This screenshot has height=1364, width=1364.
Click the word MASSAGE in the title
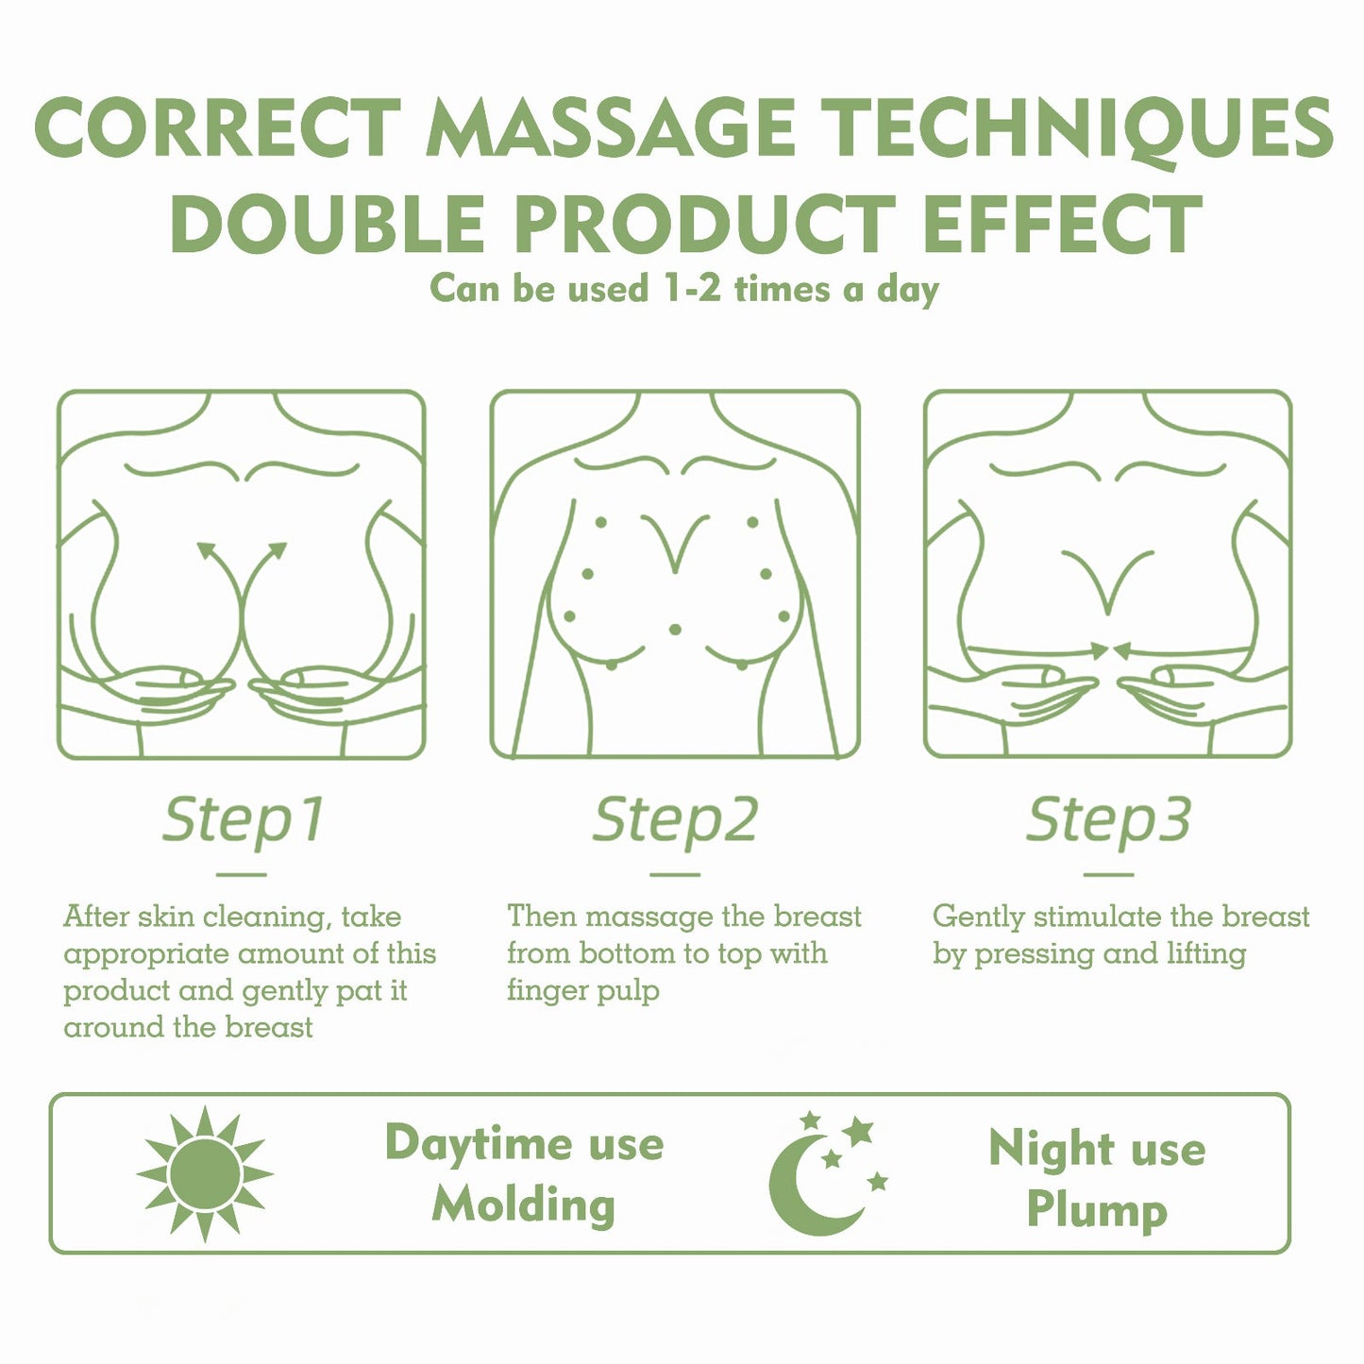pyautogui.click(x=611, y=128)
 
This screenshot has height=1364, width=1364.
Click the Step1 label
pyautogui.click(x=243, y=818)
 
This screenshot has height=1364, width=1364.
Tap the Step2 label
pyautogui.click(x=675, y=818)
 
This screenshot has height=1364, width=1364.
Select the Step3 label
pyautogui.click(x=1108, y=818)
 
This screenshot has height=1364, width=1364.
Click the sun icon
pyautogui.click(x=205, y=1174)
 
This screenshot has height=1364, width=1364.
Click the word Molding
pyautogui.click(x=524, y=1205)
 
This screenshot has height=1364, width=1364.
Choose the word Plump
pyautogui.click(x=1097, y=1210)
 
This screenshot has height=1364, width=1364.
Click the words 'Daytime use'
pyautogui.click(x=524, y=1143)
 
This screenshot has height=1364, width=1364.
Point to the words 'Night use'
pyautogui.click(x=1097, y=1149)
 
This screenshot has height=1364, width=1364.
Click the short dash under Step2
pyautogui.click(x=675, y=874)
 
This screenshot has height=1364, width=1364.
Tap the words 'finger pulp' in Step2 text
pyautogui.click(x=582, y=990)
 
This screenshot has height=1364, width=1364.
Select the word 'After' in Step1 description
pyautogui.click(x=96, y=917)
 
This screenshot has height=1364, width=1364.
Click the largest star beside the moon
pyautogui.click(x=858, y=1130)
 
